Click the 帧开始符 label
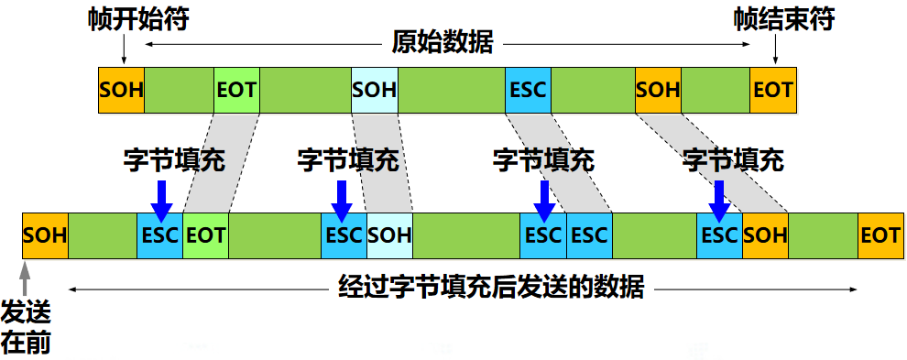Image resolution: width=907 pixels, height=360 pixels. point(138,19)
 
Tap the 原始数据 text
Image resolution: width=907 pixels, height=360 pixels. point(443,43)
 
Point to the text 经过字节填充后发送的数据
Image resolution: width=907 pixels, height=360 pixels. point(486,288)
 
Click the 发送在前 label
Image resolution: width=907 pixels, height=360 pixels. point(25,325)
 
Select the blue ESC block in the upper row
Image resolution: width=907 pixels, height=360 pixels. point(528,90)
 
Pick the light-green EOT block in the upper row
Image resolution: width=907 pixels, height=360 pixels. point(236,90)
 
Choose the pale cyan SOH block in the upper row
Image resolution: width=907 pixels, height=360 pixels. point(375,90)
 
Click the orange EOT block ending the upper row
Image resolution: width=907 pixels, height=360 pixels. point(772,90)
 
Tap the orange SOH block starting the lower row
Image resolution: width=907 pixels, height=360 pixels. point(45,235)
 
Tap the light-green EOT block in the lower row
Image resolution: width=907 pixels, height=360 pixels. point(205,235)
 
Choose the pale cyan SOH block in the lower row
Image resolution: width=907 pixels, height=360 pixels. point(389,235)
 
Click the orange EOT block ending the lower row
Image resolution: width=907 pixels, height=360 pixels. point(880,235)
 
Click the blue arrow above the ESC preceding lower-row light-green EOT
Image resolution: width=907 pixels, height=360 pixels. point(160,197)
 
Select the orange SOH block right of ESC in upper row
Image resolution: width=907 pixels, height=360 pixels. point(658,90)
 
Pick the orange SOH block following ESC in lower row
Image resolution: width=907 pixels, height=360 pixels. point(765,235)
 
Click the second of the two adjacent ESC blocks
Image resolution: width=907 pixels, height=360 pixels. point(588,235)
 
